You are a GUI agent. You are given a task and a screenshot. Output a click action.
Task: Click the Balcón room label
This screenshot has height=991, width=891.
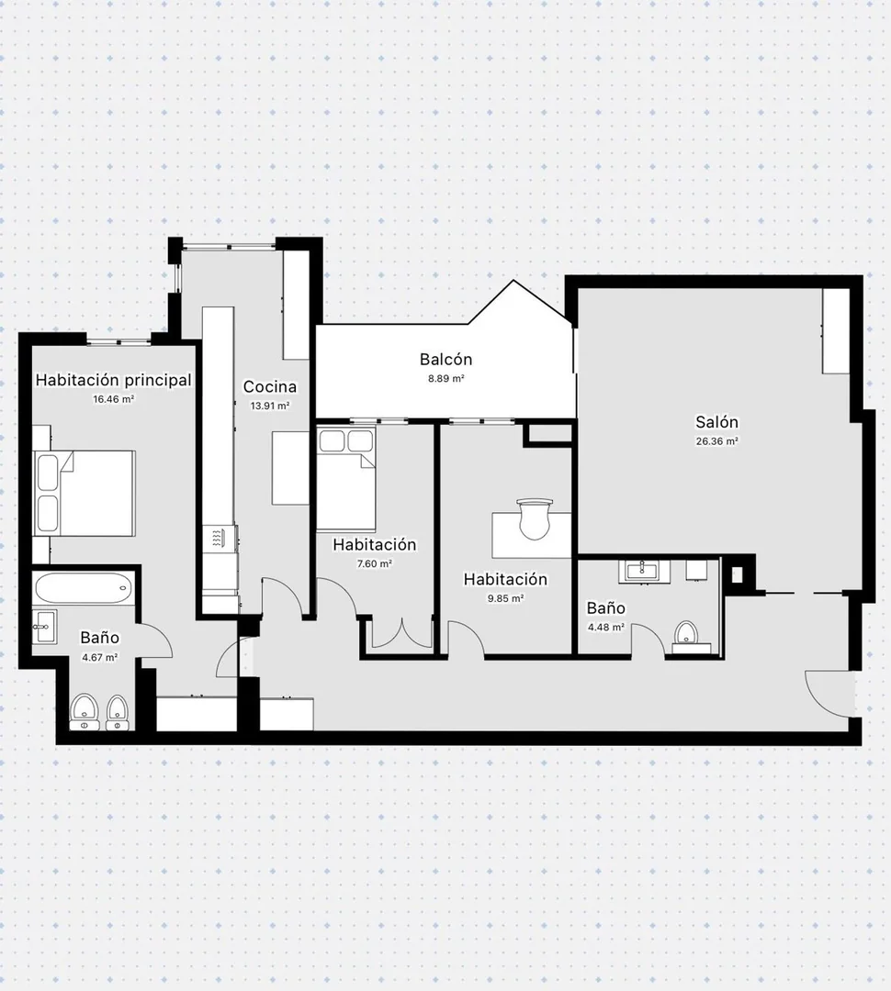(x=445, y=359)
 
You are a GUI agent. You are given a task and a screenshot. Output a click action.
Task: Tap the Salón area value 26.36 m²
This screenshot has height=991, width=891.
(x=717, y=441)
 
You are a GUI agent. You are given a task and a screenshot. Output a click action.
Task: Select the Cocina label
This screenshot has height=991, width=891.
(x=269, y=386)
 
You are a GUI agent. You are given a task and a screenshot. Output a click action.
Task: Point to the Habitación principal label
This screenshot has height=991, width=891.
(x=113, y=380)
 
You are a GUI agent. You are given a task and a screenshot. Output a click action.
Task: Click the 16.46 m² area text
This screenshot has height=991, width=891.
(x=113, y=399)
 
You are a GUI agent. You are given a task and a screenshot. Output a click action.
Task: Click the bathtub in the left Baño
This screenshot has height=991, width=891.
(x=85, y=588)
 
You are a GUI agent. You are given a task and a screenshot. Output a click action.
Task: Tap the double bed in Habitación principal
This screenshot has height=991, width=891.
(x=85, y=494)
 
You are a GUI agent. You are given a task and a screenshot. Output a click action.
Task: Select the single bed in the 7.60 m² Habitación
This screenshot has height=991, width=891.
(x=345, y=479)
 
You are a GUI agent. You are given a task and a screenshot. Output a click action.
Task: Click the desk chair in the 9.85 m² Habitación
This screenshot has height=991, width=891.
(x=534, y=518)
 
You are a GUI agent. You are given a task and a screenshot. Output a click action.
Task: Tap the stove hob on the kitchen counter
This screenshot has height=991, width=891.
(x=219, y=538)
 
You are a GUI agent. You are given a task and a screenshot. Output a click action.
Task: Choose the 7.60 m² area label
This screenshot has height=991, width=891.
(x=375, y=563)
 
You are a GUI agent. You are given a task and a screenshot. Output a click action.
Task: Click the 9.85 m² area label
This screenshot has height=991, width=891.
(x=505, y=598)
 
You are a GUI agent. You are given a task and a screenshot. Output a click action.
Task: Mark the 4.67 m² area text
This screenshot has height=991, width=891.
(x=100, y=657)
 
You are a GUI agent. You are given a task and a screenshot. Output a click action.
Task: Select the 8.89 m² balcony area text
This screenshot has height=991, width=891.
(x=446, y=379)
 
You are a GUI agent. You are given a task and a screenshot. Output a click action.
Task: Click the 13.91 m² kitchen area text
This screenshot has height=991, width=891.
(x=269, y=406)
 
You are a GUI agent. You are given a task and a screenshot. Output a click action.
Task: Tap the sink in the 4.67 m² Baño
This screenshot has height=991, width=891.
(x=44, y=627)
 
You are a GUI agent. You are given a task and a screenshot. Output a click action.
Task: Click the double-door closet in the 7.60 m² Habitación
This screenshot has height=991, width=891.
(x=401, y=634)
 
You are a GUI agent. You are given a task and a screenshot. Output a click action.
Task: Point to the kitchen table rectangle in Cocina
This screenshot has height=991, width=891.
(x=290, y=468)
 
